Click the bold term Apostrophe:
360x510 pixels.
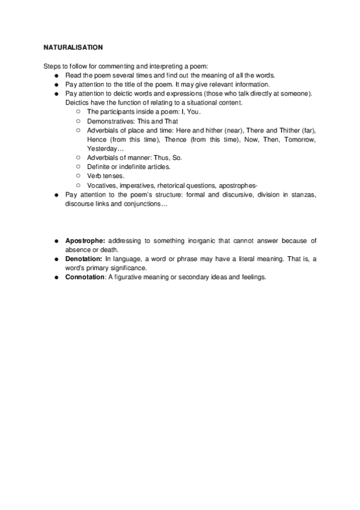85,241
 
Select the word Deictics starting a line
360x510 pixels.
76,103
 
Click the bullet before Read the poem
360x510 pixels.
55,75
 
